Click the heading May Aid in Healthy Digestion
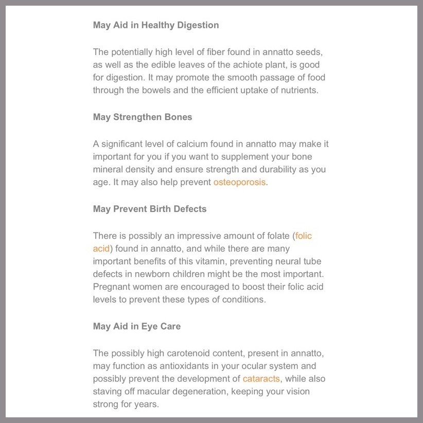click(155, 25)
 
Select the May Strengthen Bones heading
click(143, 117)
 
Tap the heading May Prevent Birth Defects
click(150, 209)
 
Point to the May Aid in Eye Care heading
click(137, 326)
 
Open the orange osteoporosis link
click(239, 182)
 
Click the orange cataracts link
click(261, 379)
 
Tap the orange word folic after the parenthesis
click(304, 236)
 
